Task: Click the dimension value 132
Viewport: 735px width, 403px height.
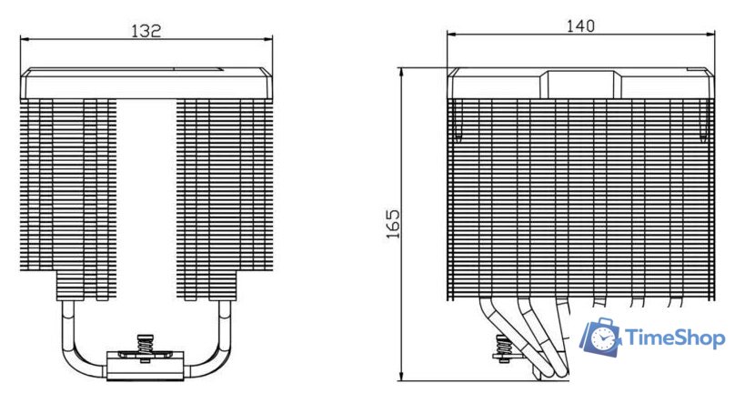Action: point(146,31)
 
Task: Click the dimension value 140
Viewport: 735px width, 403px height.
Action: point(579,26)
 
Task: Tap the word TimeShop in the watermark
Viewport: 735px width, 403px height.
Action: point(673,338)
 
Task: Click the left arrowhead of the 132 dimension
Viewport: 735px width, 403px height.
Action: point(25,39)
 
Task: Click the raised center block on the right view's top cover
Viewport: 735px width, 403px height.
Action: point(579,84)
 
